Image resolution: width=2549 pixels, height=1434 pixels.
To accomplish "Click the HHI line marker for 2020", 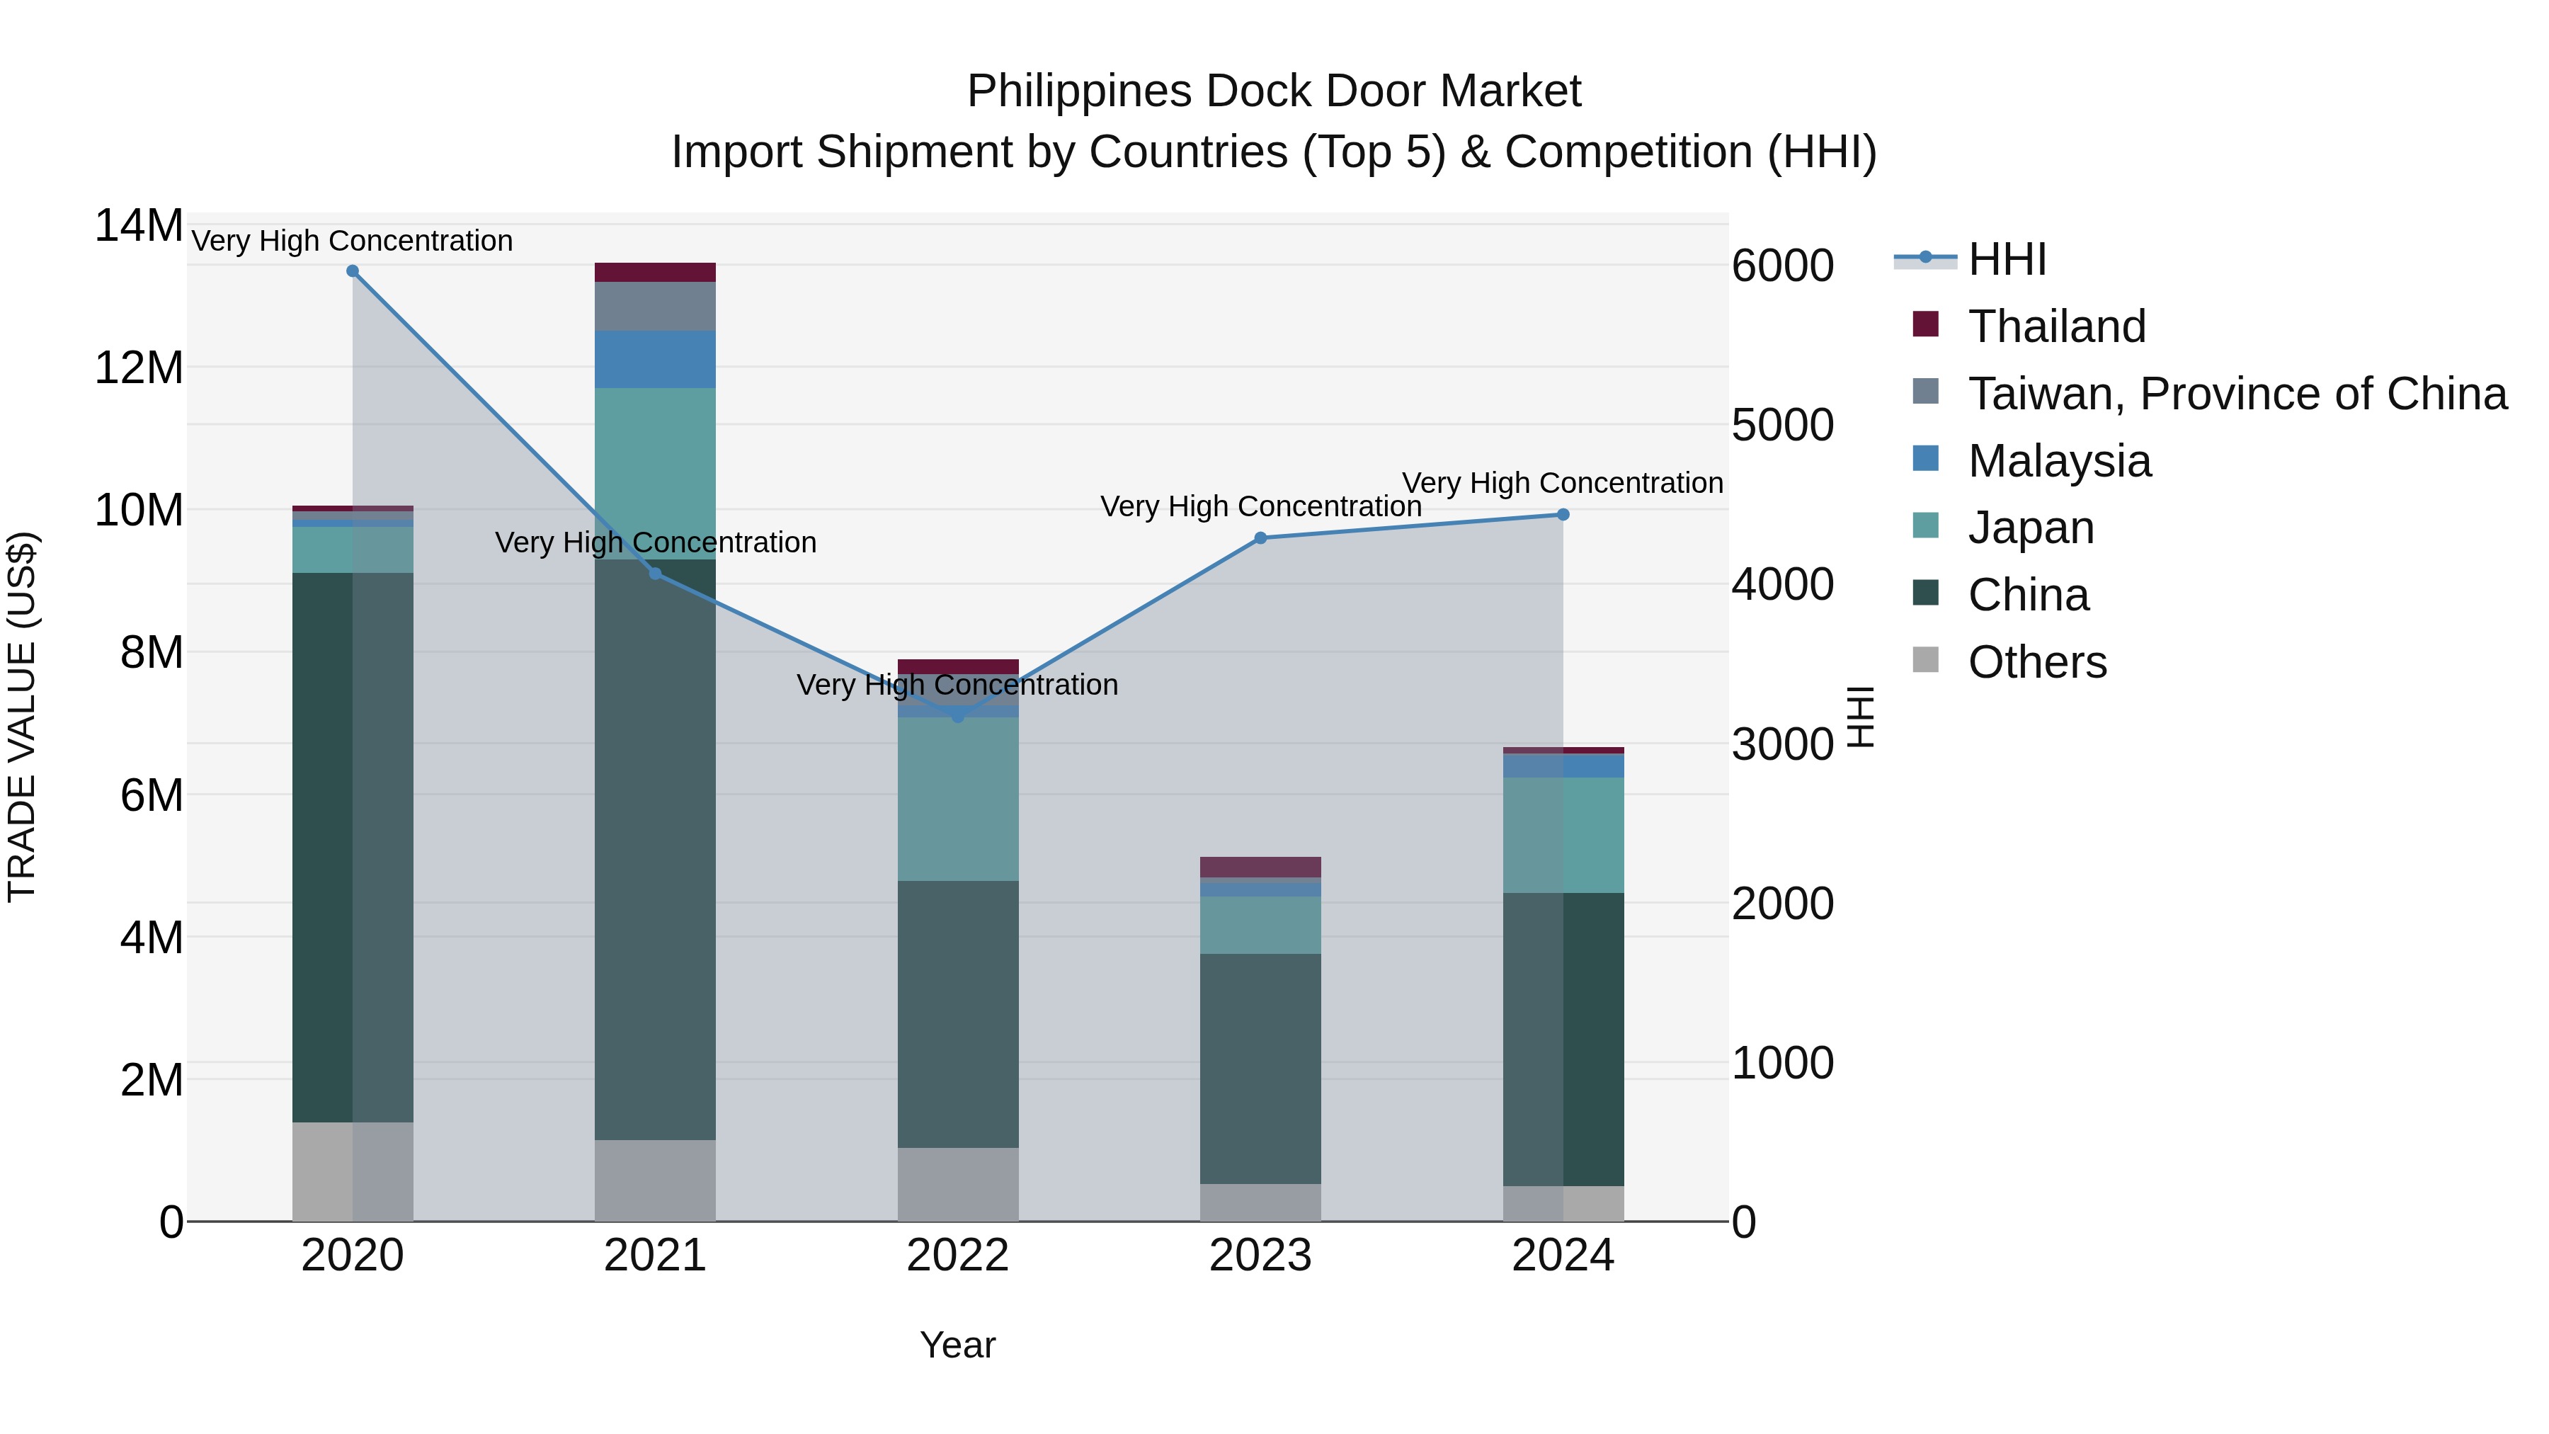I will click(353, 271).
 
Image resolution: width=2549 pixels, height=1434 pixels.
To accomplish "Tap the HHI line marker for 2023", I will click(1260, 538).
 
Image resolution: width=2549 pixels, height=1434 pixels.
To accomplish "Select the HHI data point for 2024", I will click(1563, 515).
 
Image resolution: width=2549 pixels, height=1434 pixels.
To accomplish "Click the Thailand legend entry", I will click(2056, 326).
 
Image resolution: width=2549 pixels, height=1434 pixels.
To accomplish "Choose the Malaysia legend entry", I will click(2059, 461).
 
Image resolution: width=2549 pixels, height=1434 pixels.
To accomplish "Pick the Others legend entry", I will click(2036, 662).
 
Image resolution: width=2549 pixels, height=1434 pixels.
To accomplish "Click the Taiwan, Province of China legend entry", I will click(2236, 394).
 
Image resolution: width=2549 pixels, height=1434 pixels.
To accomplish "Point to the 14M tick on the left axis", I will click(139, 226).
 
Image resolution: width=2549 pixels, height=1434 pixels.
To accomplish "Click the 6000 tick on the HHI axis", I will click(1782, 266).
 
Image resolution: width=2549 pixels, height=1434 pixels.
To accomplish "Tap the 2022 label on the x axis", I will click(957, 1256).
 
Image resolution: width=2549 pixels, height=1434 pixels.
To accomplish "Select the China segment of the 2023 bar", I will click(1260, 1069).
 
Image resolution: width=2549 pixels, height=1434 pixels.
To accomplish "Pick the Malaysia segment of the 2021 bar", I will click(655, 359).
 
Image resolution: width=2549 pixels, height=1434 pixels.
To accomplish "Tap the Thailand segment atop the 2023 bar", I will click(1260, 867).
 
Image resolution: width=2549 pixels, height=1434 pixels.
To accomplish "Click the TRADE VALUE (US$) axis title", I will click(22, 717).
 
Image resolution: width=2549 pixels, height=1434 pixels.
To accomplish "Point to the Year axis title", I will click(957, 1345).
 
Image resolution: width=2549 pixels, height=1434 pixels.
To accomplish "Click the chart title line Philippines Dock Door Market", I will click(1274, 91).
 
